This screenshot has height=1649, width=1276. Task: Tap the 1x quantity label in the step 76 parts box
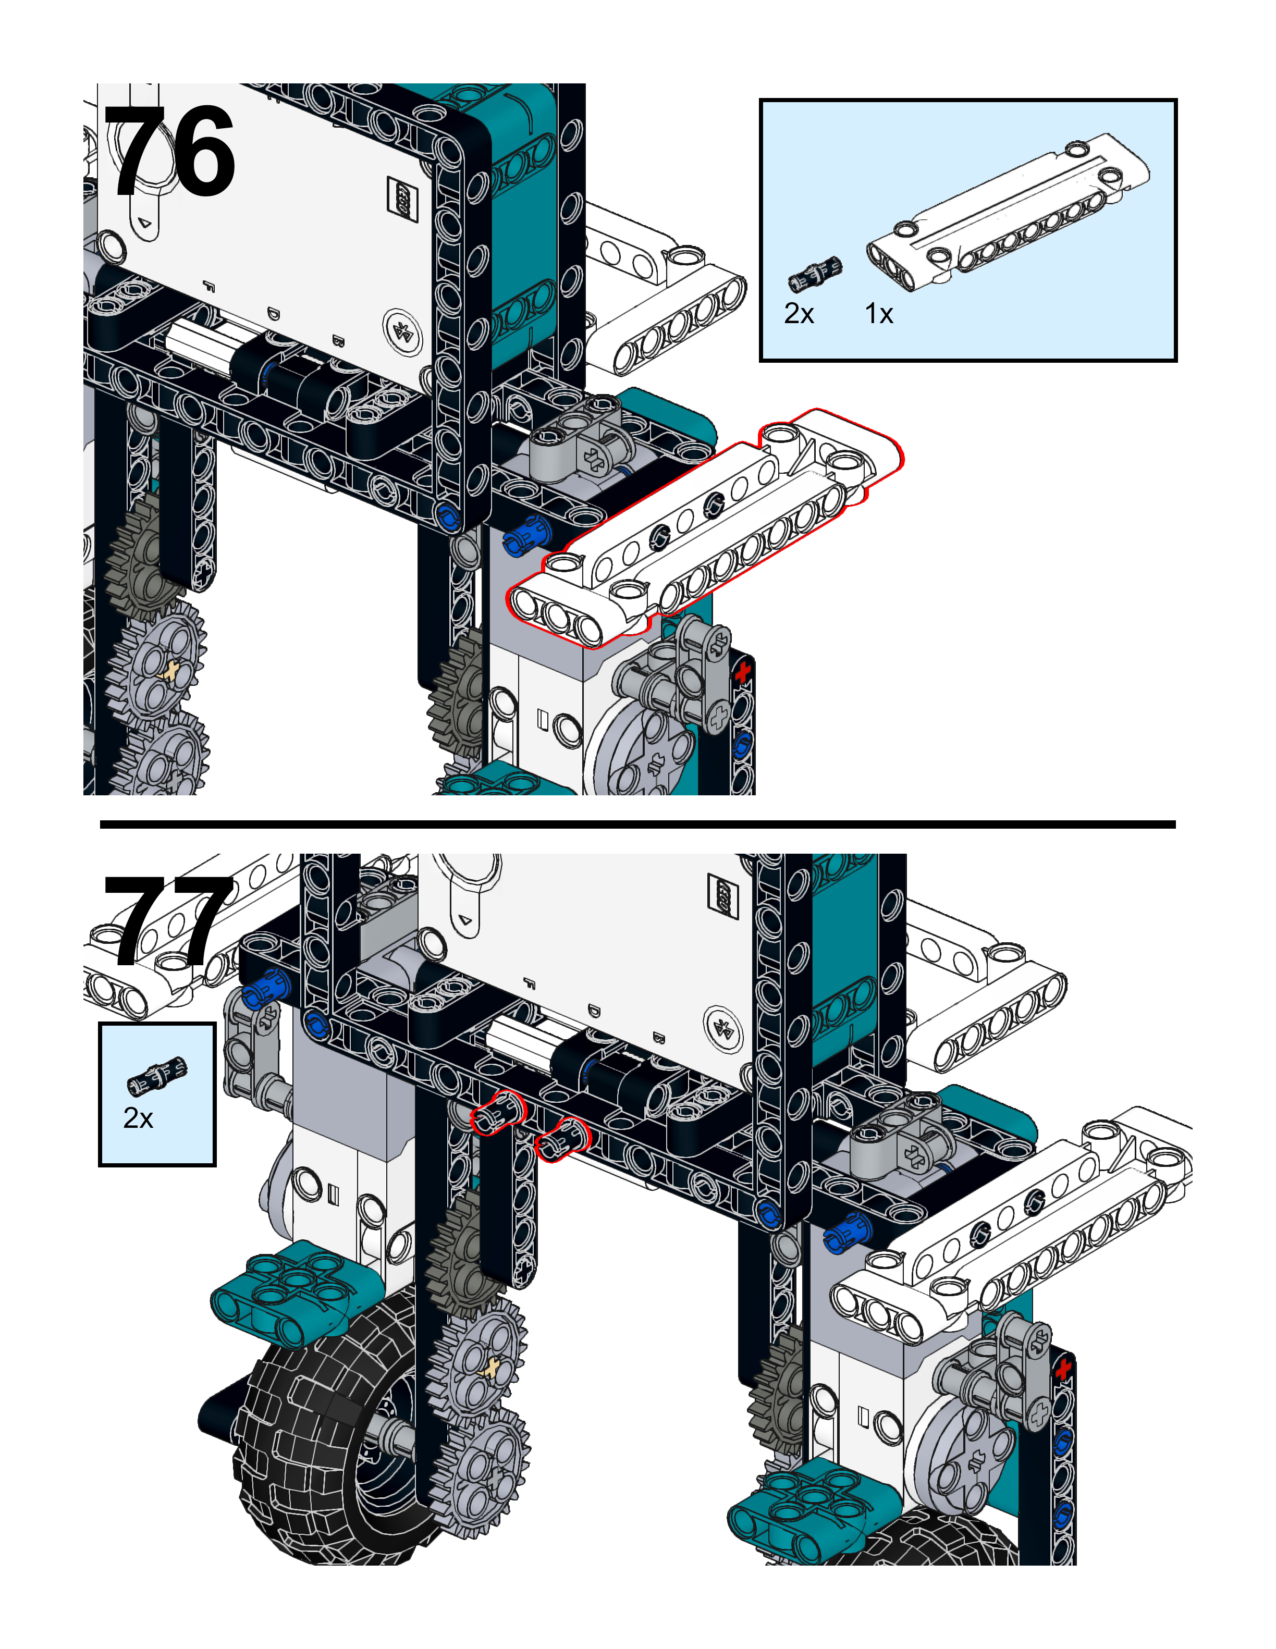point(879,313)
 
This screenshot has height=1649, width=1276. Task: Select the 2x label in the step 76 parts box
point(799,313)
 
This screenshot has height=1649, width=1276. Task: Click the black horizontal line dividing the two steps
point(637,824)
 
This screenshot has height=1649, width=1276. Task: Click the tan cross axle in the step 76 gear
point(173,670)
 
